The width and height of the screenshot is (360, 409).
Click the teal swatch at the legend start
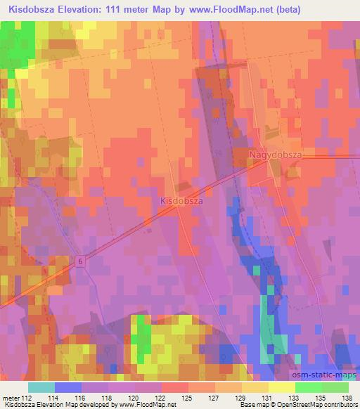(41, 387)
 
